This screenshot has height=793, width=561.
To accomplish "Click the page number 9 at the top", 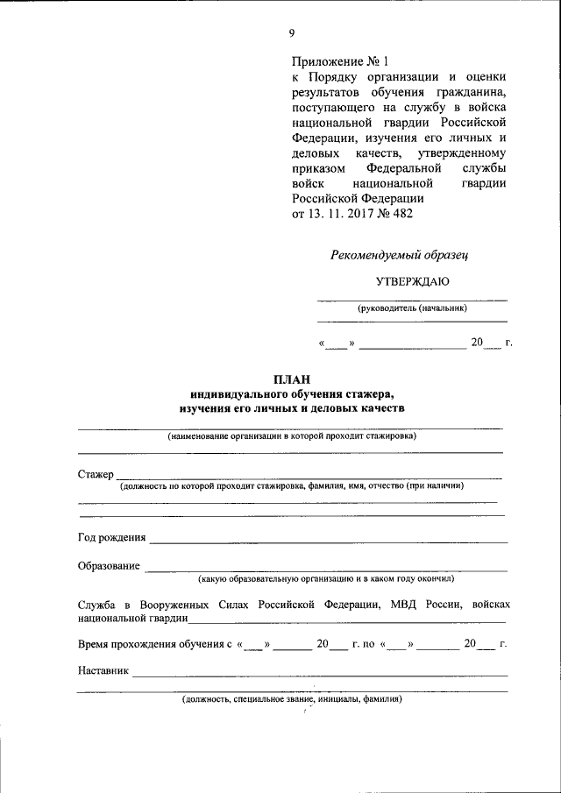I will [292, 33].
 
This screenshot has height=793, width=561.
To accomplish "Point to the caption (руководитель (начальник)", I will [412, 308].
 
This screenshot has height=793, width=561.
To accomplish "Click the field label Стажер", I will [96, 474].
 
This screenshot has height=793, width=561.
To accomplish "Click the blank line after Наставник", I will [319, 675].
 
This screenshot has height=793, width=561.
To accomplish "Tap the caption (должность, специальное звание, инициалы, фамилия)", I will [292, 700].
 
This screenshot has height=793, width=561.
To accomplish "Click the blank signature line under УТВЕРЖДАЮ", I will [412, 299].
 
